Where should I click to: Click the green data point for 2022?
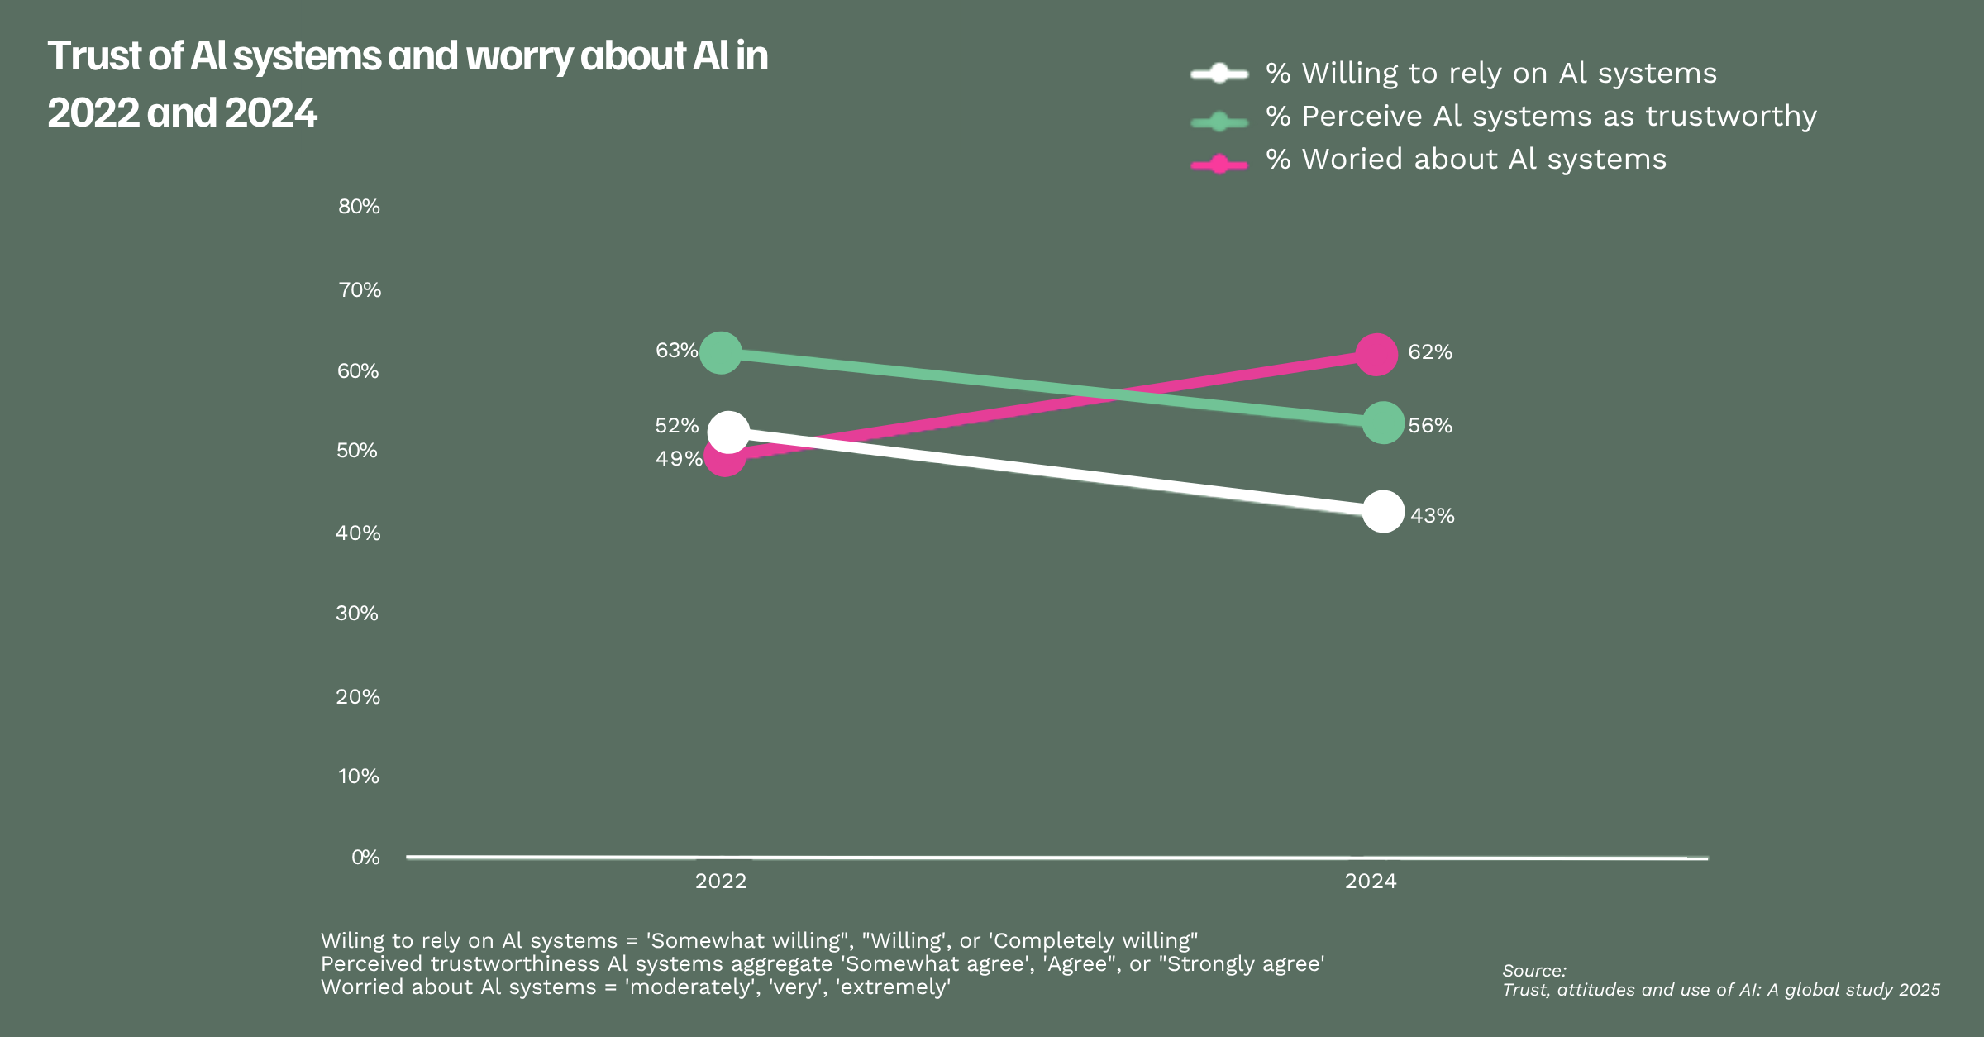coord(720,353)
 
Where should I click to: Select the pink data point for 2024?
coord(1376,355)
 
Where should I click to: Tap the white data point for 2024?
coord(1383,512)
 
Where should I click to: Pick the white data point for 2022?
coord(728,432)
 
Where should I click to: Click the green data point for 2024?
coord(1383,423)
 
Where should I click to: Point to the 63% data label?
coord(676,351)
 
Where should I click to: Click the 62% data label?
coord(1430,352)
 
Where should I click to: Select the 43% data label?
coord(1432,516)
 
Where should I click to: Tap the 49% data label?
coord(679,459)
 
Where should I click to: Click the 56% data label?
coord(1430,426)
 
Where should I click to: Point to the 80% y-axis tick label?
coord(359,207)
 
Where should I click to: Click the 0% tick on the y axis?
coord(365,858)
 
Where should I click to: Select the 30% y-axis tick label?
coord(357,614)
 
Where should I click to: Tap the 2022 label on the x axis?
coord(721,882)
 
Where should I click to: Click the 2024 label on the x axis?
coord(1371,882)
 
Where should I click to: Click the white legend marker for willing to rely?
coord(1219,74)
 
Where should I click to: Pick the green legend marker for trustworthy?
coord(1219,122)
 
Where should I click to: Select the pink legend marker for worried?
coord(1219,165)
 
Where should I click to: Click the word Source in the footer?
coord(1533,971)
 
